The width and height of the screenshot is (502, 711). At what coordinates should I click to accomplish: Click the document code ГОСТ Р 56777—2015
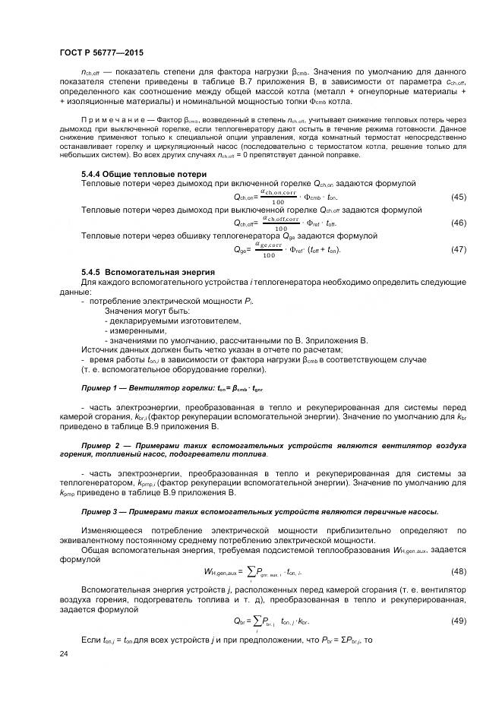[101, 52]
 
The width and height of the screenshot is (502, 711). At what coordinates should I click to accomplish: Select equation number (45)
[459, 197]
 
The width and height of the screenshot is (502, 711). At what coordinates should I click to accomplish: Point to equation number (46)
[459, 223]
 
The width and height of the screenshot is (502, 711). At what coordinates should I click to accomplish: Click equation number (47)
[459, 249]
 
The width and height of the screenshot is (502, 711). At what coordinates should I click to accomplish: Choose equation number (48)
[459, 570]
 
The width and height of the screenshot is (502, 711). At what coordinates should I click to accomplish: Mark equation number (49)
[459, 621]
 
